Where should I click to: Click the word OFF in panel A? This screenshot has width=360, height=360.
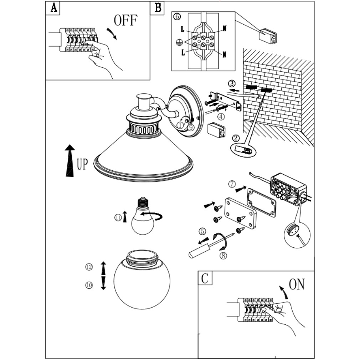pos(125,20)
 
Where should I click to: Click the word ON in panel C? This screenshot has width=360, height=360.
pos(297,284)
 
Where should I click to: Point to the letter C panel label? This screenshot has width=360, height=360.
pos(205,278)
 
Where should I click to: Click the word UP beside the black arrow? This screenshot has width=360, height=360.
pos(82,165)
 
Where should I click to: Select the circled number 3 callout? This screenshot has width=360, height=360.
pos(232,84)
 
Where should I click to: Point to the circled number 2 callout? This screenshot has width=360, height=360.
pos(235,138)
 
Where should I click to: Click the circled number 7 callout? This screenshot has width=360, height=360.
pos(232,184)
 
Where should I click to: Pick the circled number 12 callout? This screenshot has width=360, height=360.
pos(89,267)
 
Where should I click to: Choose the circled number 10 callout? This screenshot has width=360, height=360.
pos(89,285)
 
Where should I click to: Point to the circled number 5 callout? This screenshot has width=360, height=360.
pos(202,231)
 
